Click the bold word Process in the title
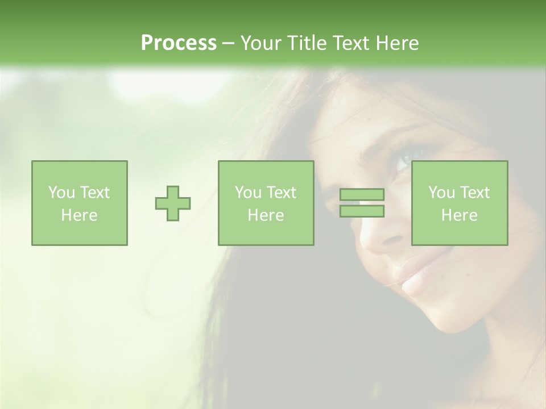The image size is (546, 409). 179,43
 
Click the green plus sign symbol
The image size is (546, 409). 173,203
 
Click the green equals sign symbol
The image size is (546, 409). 362,203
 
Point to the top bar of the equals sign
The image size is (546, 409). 362,195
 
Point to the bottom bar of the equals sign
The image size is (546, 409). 362,211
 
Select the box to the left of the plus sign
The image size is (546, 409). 80,203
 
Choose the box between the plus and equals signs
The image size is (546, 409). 266,203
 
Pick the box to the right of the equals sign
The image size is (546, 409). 460,203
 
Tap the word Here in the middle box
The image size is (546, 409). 266,215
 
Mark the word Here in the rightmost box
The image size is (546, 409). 460,215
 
